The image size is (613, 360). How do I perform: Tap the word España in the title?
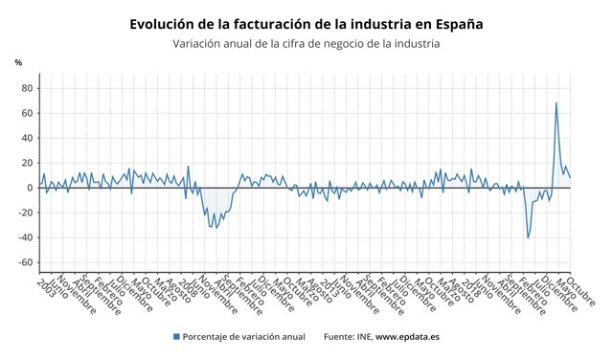click(455, 24)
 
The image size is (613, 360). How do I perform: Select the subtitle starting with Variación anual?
click(306, 43)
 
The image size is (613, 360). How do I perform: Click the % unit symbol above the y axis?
click(18, 62)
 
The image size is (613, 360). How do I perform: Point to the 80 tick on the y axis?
click(27, 88)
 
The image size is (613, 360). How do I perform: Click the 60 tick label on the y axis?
click(27, 113)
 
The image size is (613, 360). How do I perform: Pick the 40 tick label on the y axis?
click(27, 138)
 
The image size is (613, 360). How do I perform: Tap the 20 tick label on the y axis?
click(27, 163)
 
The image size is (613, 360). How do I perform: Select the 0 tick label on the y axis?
click(30, 188)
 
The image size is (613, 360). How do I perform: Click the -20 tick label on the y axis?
click(25, 213)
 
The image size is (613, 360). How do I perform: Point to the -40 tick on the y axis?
click(25, 237)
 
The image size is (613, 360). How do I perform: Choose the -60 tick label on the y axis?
click(25, 262)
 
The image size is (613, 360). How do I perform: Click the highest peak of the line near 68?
click(556, 103)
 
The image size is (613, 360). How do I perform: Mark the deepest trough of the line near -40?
click(528, 237)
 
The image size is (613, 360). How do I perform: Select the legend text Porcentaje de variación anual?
click(244, 337)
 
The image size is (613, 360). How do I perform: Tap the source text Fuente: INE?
click(348, 337)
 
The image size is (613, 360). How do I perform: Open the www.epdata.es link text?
click(407, 337)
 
